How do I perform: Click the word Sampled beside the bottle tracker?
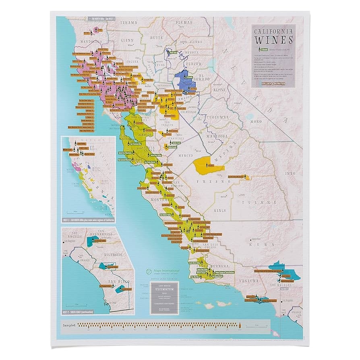point(70,324)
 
